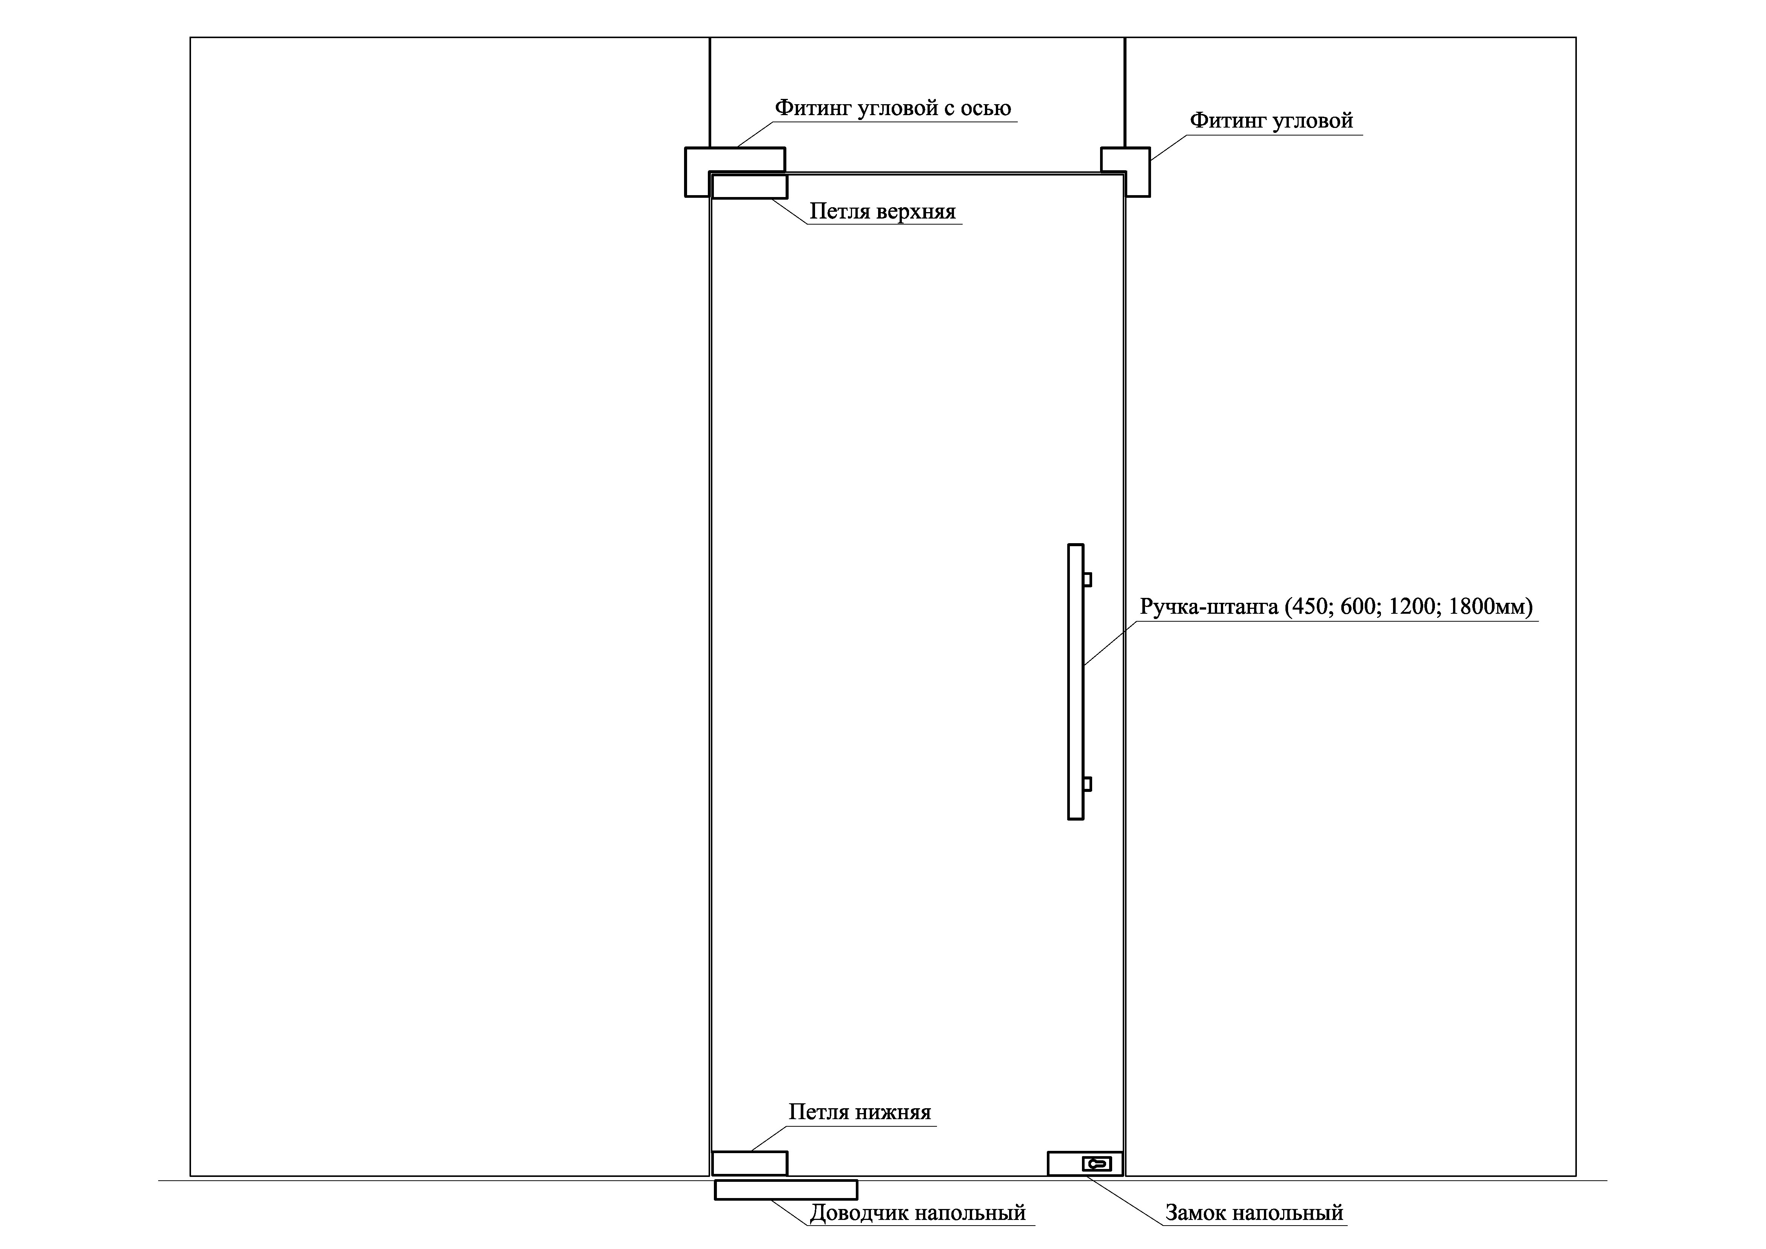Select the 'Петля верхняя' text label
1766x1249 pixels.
pyautogui.click(x=882, y=211)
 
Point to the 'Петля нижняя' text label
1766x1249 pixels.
pyautogui.click(x=859, y=1112)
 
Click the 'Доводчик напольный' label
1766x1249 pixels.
pyautogui.click(x=918, y=1213)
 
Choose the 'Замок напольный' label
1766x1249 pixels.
pyautogui.click(x=1254, y=1213)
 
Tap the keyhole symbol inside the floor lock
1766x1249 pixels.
pyautogui.click(x=1097, y=1164)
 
